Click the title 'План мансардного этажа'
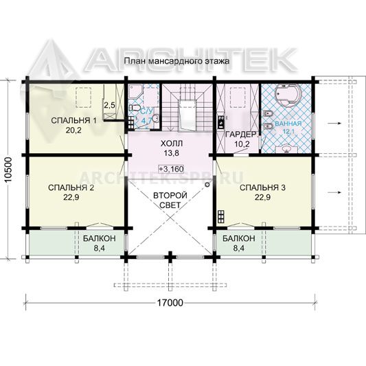point(176,61)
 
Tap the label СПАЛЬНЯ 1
point(73,121)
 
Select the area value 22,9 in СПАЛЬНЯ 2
point(71,198)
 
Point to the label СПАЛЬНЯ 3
point(262,187)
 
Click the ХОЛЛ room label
point(172,144)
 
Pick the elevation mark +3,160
point(172,169)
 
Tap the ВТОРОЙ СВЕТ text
point(170,200)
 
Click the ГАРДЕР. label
point(242,135)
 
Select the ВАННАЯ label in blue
point(288,124)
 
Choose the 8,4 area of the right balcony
point(238,248)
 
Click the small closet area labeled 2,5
point(109,106)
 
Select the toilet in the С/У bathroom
point(135,108)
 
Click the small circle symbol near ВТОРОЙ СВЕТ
point(207,185)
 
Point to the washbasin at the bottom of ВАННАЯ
point(286,149)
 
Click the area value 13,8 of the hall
point(172,153)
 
